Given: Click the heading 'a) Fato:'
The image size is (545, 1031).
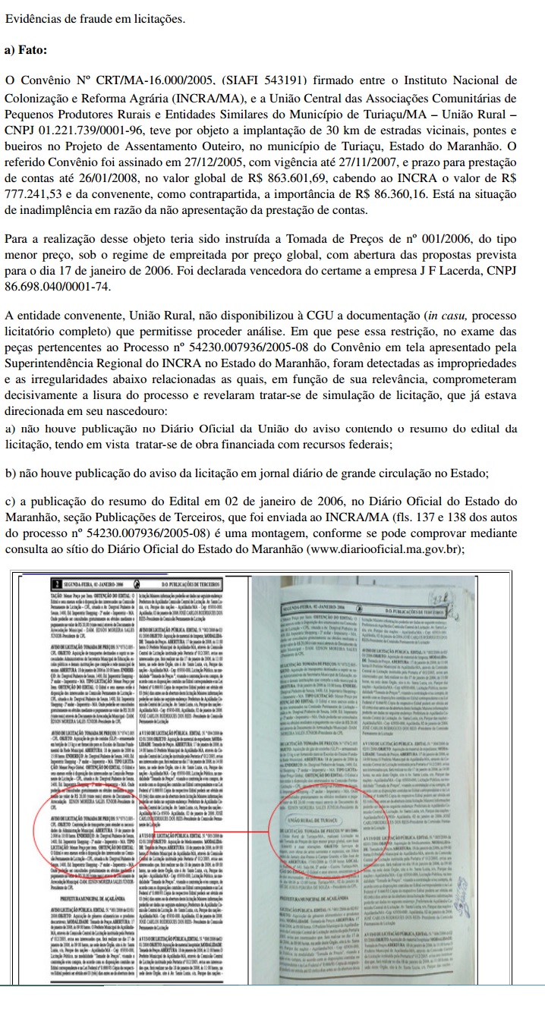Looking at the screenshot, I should [x=25, y=50].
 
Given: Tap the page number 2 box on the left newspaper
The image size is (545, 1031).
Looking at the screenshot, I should [x=55, y=583].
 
